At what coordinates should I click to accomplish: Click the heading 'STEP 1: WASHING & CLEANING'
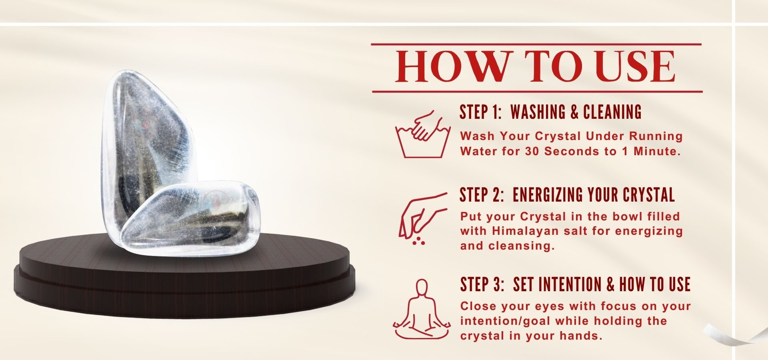pos(550,112)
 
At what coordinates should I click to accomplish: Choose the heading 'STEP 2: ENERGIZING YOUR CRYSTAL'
pos(567,195)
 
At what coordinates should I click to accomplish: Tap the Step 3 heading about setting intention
pos(575,284)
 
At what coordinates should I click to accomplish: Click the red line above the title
pos(536,44)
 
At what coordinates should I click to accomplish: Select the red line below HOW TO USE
pos(537,92)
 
